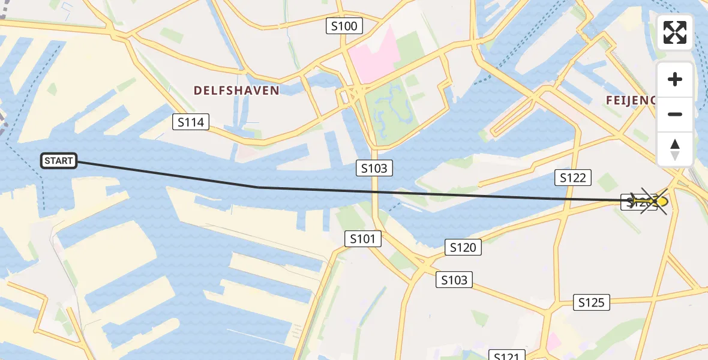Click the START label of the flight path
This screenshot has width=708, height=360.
(x=59, y=161)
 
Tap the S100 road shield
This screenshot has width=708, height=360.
(x=344, y=26)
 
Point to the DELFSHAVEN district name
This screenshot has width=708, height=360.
(x=236, y=91)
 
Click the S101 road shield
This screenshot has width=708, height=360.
(x=363, y=239)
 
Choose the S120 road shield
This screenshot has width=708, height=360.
(x=463, y=247)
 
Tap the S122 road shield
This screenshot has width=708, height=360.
(x=573, y=177)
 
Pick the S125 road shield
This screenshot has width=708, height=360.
(x=591, y=302)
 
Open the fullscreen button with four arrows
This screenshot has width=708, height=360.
(x=675, y=32)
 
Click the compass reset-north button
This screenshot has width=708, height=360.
(x=675, y=149)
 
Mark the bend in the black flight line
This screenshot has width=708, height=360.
(x=259, y=187)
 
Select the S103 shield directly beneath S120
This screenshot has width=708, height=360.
(x=454, y=280)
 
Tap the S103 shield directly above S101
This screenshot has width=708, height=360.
(x=374, y=169)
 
